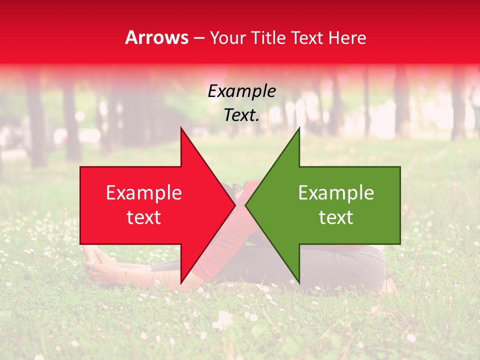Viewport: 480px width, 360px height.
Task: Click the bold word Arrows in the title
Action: click(156, 37)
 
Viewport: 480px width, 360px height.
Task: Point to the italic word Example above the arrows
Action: click(241, 91)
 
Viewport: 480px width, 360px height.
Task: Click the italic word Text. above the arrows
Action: click(241, 115)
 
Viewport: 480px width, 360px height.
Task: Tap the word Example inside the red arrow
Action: click(143, 193)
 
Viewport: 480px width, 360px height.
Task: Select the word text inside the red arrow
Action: click(143, 217)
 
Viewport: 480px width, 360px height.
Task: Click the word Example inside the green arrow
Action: click(336, 193)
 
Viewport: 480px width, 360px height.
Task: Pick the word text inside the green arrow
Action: click(336, 217)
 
